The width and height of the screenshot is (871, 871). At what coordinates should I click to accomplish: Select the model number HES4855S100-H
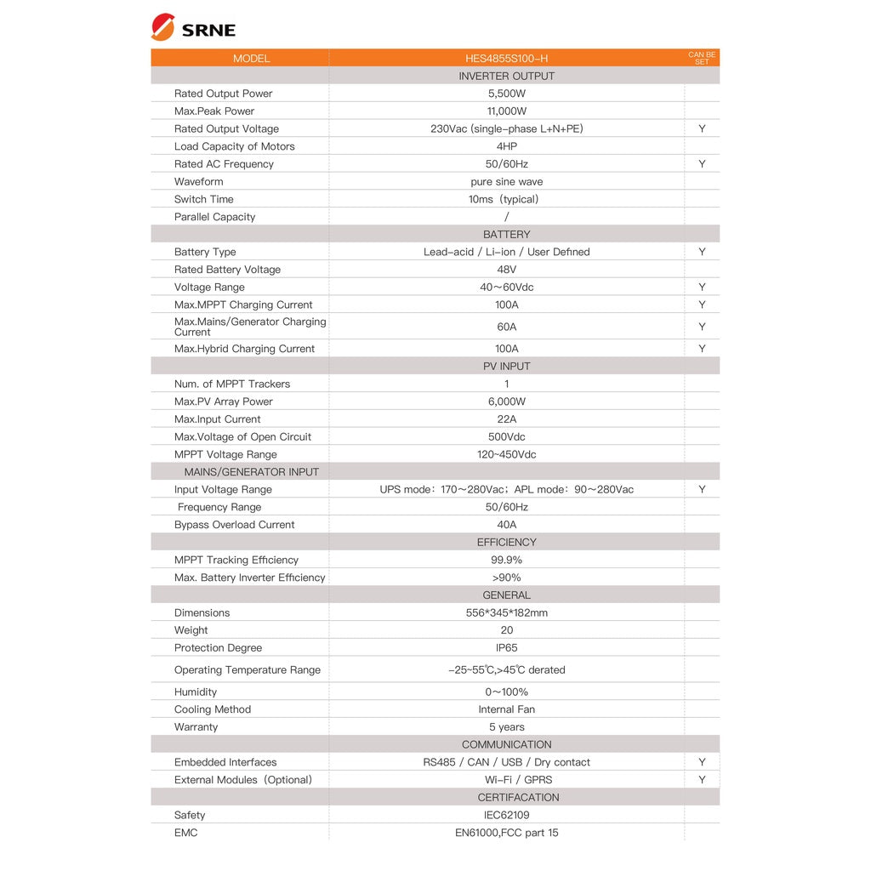506,59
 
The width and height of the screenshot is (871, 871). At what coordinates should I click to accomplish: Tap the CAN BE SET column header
702,58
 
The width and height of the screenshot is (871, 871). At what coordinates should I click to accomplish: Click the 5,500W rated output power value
506,94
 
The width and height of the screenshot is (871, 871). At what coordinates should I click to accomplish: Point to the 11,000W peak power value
506,111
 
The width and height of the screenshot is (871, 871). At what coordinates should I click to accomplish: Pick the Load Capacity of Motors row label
234,146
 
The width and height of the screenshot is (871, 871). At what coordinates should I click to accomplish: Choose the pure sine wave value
506,182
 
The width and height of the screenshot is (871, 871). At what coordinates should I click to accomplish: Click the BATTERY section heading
506,235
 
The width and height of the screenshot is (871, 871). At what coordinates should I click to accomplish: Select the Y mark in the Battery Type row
702,252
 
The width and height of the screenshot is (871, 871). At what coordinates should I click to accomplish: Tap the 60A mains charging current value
506,327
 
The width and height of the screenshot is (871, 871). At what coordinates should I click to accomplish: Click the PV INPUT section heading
506,367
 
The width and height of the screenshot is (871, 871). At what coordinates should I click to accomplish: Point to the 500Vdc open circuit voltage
506,437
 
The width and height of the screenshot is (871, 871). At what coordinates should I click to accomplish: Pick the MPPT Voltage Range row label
225,454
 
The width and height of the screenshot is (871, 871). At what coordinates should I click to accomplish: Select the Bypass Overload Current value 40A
506,525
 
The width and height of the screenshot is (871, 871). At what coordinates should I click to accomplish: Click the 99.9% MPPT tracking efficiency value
506,560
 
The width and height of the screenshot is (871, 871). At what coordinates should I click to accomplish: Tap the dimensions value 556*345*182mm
506,613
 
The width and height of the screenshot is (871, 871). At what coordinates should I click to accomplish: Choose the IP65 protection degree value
506,648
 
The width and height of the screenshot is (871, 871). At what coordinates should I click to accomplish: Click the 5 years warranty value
506,727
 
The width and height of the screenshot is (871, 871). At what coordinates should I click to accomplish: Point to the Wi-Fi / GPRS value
506,780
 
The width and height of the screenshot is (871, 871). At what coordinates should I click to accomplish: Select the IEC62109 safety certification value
506,815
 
